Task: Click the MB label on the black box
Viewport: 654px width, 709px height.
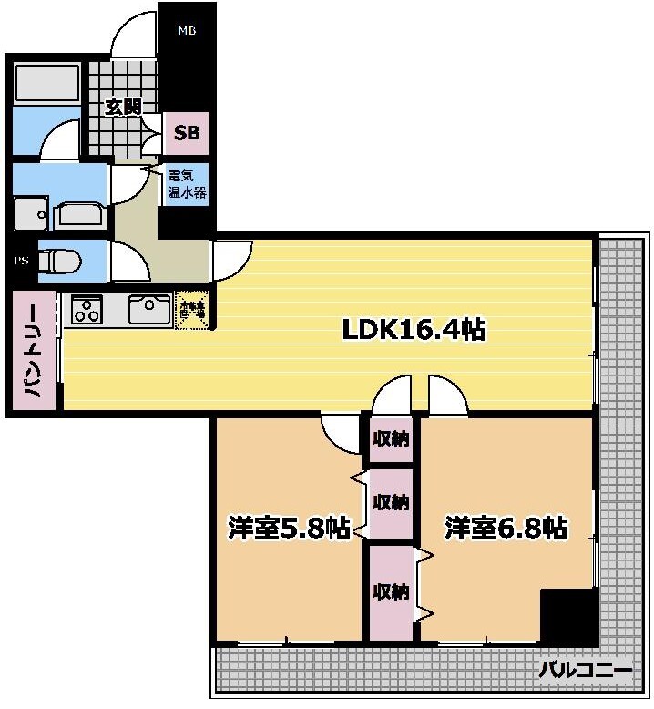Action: pos(187,31)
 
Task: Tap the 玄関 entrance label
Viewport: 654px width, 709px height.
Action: pos(123,107)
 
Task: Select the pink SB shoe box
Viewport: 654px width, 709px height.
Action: pos(187,133)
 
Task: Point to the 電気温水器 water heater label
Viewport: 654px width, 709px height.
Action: pos(186,185)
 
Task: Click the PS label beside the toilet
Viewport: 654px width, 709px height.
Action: pos(20,261)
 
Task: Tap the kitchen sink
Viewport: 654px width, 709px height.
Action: pos(148,309)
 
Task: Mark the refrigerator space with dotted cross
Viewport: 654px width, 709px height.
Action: pos(192,311)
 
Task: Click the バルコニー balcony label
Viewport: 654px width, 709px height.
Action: pos(584,671)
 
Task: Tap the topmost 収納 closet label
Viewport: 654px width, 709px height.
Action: pos(390,439)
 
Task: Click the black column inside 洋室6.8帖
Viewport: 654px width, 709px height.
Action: pos(566,616)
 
